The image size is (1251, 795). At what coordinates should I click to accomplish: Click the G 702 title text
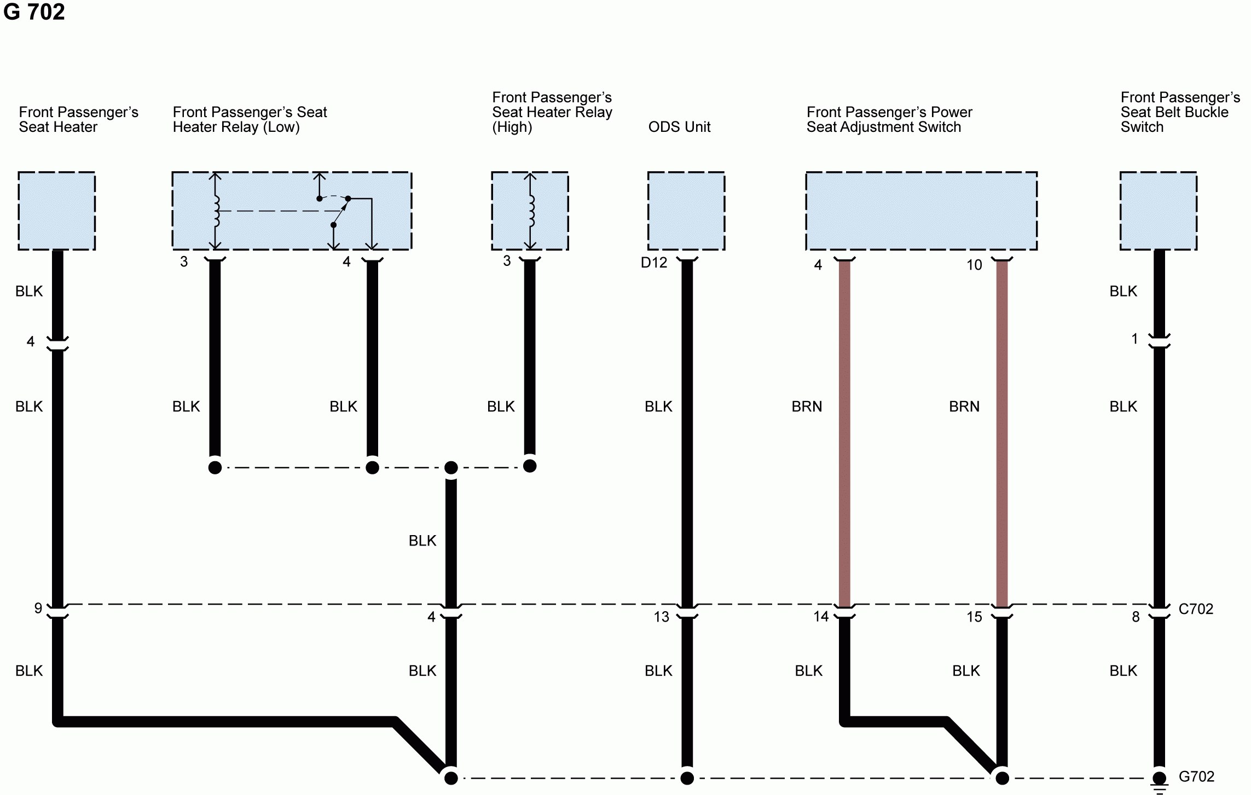point(34,12)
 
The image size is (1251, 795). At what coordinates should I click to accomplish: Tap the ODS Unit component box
point(686,211)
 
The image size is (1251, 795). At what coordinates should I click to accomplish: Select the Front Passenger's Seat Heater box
point(56,211)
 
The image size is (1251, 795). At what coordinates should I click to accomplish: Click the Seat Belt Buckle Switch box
point(1158,211)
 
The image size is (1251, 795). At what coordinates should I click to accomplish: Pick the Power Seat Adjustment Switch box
point(921,211)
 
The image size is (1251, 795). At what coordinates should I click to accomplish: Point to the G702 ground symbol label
point(1196,776)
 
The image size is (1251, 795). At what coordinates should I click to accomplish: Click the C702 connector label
point(1196,609)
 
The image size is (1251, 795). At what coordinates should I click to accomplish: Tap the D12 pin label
point(654,263)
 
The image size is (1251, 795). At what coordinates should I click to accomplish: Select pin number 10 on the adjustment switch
point(974,265)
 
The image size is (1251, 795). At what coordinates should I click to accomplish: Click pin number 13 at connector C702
point(661,617)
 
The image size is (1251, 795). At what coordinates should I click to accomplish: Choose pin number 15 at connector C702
point(974,617)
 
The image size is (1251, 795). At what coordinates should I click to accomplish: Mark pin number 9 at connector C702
point(38,608)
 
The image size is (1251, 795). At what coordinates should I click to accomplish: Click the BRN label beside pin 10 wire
point(964,407)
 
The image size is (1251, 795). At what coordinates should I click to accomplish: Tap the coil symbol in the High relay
point(530,211)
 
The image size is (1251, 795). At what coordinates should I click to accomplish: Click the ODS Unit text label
point(679,127)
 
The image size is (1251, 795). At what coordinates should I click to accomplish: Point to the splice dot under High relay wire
point(530,466)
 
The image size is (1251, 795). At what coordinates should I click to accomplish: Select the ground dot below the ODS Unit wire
point(687,778)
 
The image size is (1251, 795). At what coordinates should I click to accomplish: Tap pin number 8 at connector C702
point(1136,617)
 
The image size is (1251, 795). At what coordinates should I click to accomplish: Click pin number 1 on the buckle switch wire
point(1134,339)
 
